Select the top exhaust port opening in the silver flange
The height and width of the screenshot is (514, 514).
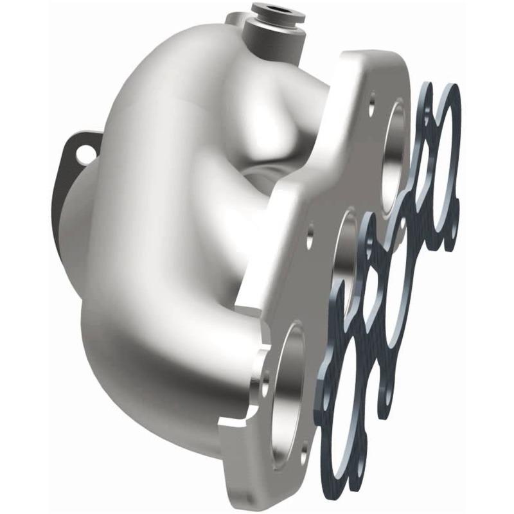[x=393, y=152]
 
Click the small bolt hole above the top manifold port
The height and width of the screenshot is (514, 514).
[x=372, y=100]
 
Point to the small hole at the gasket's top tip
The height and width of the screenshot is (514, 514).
[x=428, y=90]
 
